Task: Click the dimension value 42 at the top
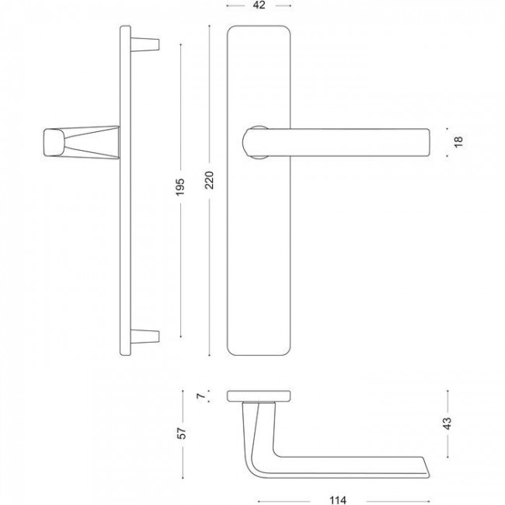click(259, 5)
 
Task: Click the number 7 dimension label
click(200, 396)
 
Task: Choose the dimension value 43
click(446, 423)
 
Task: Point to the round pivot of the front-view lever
click(256, 141)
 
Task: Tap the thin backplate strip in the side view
click(124, 194)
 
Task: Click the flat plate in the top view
click(259, 396)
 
